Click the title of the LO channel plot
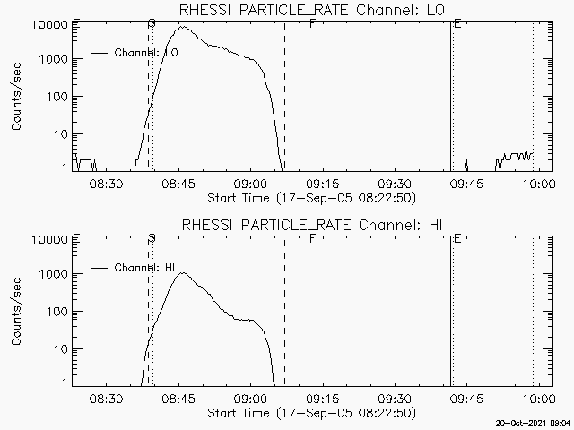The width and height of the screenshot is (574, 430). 310,10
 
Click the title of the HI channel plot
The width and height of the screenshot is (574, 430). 310,224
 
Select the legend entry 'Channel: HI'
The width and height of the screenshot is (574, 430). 144,267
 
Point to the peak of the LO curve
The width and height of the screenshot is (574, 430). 183,27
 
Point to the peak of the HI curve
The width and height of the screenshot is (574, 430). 182,273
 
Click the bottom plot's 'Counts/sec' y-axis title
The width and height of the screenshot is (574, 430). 17,312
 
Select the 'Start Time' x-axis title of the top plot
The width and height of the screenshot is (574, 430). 310,197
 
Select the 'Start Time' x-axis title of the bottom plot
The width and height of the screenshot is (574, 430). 310,412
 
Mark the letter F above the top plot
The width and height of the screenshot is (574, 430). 311,24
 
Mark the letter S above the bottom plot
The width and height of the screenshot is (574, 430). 152,238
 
